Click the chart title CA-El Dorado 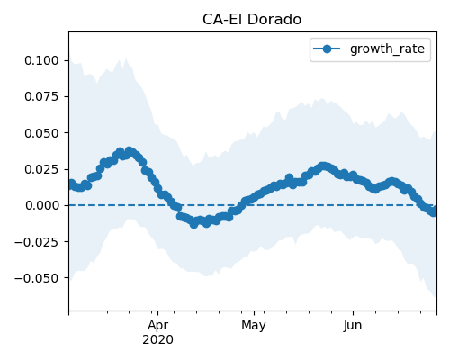tap(252, 20)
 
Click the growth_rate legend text tap(387, 49)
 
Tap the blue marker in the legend tap(327, 49)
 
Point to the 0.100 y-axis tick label tap(41, 60)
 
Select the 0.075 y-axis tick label tap(41, 96)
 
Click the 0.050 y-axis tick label tap(41, 133)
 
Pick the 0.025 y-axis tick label tap(41, 169)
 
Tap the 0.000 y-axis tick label tap(41, 205)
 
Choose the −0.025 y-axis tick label tap(37, 242)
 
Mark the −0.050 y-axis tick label tap(37, 278)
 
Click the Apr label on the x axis tap(157, 326)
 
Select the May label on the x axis tap(254, 326)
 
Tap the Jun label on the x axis tap(353, 326)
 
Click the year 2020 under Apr tap(157, 340)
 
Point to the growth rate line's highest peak tap(130, 151)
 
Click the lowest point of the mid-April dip tap(194, 224)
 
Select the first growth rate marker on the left tap(71, 183)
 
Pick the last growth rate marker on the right tap(434, 211)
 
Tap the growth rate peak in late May tap(323, 166)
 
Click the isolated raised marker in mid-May tap(289, 178)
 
